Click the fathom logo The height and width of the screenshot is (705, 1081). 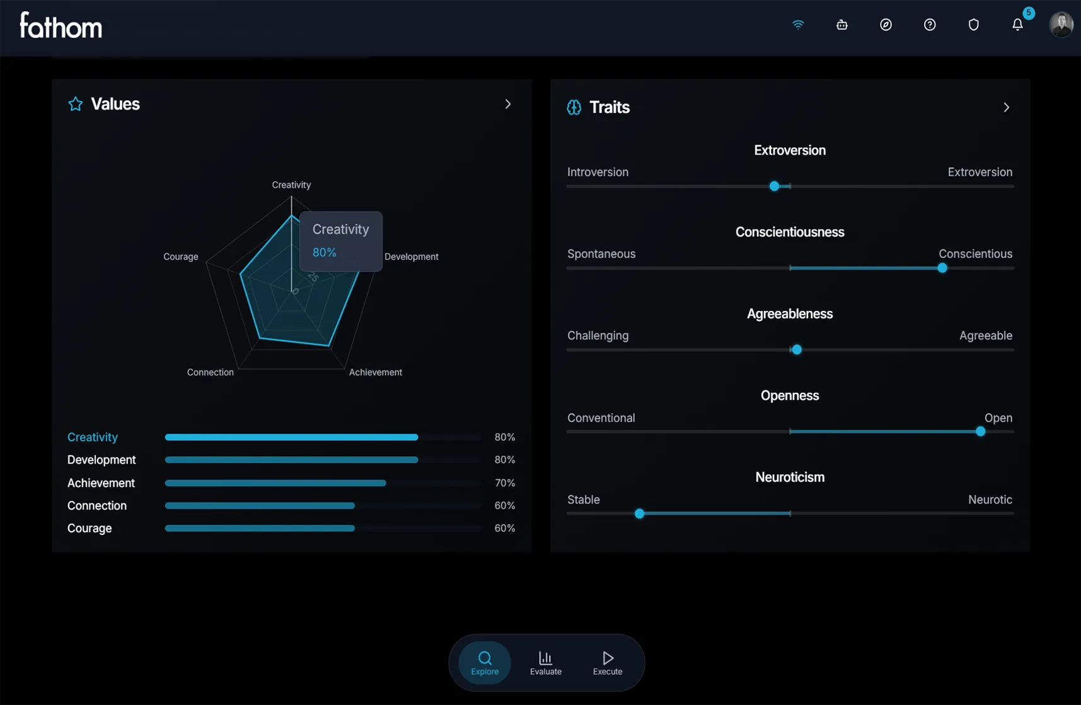point(61,26)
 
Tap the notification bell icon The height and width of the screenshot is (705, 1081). point(1017,25)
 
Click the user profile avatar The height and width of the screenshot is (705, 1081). point(1061,25)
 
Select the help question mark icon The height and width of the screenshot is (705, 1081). point(930,25)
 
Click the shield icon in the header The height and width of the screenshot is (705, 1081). point(974,25)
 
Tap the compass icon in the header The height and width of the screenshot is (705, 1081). point(886,25)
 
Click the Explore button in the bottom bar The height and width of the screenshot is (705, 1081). point(485,663)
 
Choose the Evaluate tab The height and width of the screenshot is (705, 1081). point(545,663)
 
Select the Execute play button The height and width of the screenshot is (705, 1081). point(608,663)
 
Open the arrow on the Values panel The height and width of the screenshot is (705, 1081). point(508,104)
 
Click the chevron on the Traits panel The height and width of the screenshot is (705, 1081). point(1007,107)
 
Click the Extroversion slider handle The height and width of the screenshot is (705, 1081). point(774,186)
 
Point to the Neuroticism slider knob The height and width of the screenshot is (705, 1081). point(639,513)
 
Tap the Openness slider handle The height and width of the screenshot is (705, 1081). point(980,431)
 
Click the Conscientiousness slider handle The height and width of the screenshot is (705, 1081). point(942,268)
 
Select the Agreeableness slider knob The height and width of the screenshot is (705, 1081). point(797,349)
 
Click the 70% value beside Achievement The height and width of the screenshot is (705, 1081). point(505,483)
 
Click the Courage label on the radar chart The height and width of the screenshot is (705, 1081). point(181,257)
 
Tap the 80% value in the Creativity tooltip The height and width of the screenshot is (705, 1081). point(325,252)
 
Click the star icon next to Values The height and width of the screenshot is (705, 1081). point(76,104)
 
